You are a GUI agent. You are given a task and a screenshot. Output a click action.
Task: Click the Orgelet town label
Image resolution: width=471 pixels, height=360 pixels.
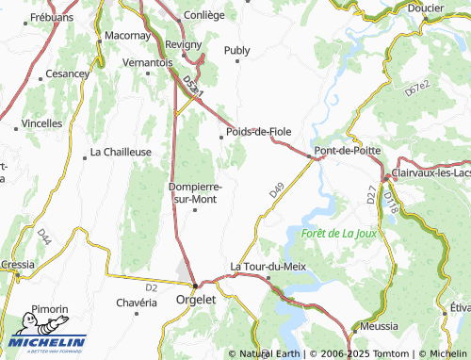(x=196, y=301)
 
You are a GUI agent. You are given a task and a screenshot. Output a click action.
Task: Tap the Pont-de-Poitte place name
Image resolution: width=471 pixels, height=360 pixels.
(x=347, y=151)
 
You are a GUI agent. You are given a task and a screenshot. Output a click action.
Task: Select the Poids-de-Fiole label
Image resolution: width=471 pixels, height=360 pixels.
(x=258, y=131)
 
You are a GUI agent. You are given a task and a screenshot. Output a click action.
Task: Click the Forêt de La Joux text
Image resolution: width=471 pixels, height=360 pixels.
(x=339, y=232)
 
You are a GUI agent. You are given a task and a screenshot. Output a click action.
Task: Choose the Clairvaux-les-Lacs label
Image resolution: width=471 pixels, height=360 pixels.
(x=429, y=174)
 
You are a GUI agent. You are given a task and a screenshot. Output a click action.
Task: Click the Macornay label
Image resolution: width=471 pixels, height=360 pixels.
(x=128, y=35)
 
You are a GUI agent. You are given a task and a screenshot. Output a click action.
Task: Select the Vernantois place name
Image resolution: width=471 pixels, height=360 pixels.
(x=148, y=62)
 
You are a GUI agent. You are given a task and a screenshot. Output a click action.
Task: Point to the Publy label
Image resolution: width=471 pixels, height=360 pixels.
(x=237, y=50)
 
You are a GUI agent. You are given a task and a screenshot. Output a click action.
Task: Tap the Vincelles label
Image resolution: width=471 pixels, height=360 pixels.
(x=42, y=123)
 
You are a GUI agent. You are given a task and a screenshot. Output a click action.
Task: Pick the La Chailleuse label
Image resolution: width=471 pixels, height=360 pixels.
(x=121, y=151)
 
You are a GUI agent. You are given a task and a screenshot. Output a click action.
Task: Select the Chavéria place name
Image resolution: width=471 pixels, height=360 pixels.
(x=136, y=303)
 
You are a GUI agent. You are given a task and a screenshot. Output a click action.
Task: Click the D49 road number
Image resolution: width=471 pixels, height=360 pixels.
(x=275, y=189)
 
